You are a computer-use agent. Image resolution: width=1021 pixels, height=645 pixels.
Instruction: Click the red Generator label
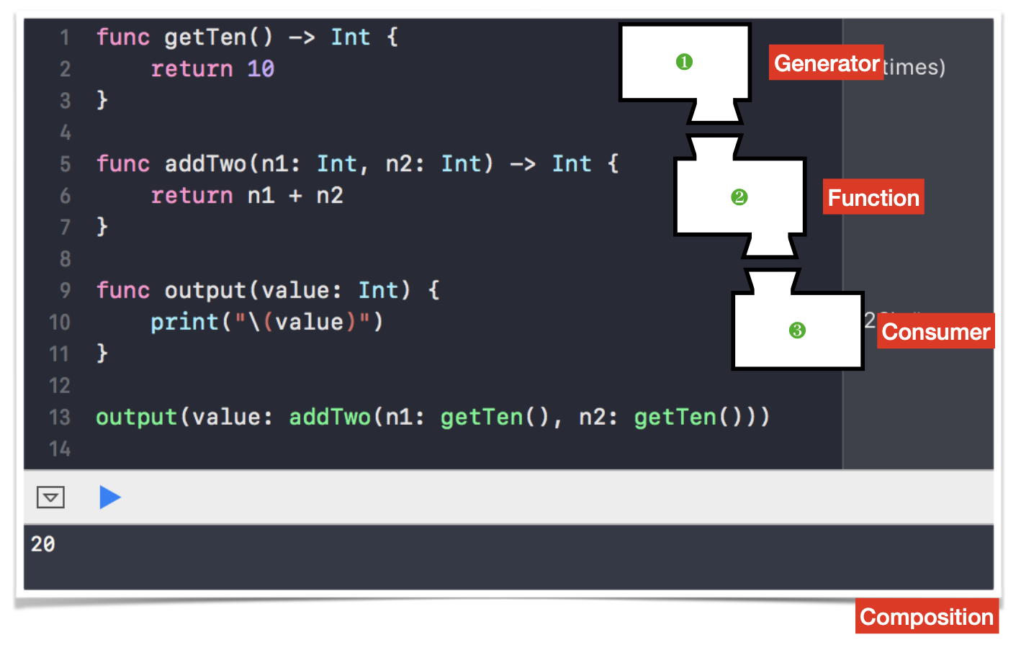(826, 63)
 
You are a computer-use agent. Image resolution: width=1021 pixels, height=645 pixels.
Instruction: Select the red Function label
(873, 197)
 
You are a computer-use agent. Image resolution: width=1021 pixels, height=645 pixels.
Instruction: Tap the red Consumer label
(935, 331)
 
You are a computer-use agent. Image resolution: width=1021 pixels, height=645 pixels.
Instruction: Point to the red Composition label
(927, 617)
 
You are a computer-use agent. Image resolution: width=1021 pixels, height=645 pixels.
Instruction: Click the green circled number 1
(684, 63)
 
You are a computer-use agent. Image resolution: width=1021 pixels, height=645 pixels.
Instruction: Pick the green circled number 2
(739, 197)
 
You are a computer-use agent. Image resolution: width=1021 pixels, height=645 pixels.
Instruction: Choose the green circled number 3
(797, 330)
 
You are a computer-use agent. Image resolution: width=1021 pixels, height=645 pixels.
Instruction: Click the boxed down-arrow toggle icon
(50, 497)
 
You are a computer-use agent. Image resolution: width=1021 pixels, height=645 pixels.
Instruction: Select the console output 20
(43, 544)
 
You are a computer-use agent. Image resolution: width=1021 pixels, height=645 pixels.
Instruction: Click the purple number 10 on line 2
(261, 69)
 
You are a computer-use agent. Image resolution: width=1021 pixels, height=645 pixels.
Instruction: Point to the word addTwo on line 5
(205, 164)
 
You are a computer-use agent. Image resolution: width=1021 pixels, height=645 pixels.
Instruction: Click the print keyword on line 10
(184, 322)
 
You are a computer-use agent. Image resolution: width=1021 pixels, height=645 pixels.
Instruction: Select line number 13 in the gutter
(60, 418)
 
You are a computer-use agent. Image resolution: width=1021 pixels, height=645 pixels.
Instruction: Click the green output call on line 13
(137, 418)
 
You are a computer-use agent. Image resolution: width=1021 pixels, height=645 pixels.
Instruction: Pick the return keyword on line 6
(192, 196)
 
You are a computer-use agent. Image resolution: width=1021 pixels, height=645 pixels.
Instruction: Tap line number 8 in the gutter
(65, 259)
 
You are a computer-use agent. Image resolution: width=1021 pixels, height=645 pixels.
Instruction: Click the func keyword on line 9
(123, 291)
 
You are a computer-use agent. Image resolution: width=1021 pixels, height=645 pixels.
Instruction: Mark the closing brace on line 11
(102, 353)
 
